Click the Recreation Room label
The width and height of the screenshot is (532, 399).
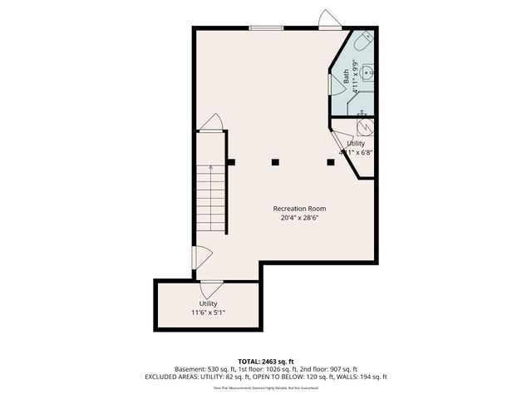tap(299, 209)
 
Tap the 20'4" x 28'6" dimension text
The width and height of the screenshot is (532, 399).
tap(299, 219)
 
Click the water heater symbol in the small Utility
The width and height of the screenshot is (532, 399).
tap(364, 126)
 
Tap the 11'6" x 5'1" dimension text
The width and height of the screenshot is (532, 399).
tap(208, 313)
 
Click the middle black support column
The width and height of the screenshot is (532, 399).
tap(276, 162)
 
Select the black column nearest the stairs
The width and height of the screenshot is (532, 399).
tap(231, 162)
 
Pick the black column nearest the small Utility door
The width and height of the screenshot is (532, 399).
tap(330, 162)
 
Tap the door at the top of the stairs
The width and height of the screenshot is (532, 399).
tap(211, 123)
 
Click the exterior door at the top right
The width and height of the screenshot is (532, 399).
tap(330, 21)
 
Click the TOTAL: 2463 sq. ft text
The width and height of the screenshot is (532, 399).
tap(265, 360)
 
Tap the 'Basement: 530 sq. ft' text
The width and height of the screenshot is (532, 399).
tap(203, 369)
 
